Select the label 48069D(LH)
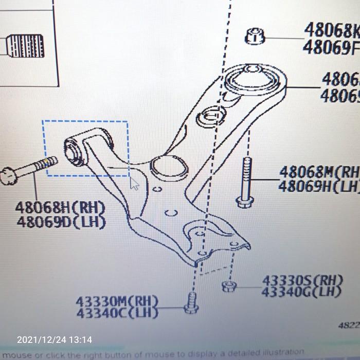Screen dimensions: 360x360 tap(61, 222)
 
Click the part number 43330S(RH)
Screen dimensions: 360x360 tap(302, 281)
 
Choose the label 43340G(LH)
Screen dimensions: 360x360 tap(302, 292)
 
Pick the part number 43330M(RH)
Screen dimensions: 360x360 tap(117, 301)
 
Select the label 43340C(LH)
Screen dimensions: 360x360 tap(117, 312)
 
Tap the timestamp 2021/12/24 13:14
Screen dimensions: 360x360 tap(55, 340)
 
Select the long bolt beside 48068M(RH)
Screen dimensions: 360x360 tap(245, 182)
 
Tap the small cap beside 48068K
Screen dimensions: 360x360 tap(255, 36)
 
